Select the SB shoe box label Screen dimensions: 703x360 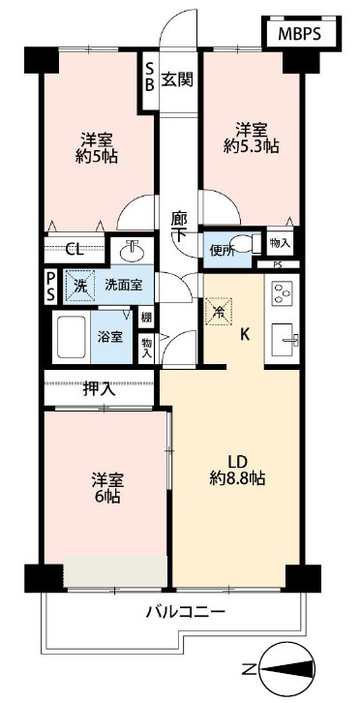150,78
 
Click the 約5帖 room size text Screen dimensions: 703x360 98,156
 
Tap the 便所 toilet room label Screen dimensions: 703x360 222,251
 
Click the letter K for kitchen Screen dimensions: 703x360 246,336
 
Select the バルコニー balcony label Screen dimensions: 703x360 186,613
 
